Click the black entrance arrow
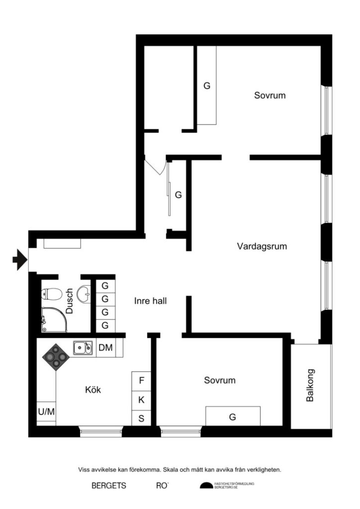tap(19, 259)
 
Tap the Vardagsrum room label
tap(262, 246)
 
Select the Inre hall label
tap(150, 301)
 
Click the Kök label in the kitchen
tap(93, 390)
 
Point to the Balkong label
tap(311, 385)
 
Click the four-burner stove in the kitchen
tap(56, 356)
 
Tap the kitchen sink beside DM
tap(83, 348)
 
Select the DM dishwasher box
tap(105, 348)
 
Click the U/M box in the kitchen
tap(46, 412)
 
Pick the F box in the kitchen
tap(141, 381)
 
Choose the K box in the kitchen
tap(141, 400)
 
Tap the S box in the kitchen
tap(141, 418)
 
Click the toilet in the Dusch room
tap(50, 294)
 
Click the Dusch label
tap(69, 301)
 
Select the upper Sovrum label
tap(270, 95)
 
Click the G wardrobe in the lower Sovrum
tap(233, 417)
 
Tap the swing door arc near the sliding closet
tap(155, 167)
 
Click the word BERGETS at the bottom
tap(109, 486)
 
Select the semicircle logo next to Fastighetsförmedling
tap(206, 486)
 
